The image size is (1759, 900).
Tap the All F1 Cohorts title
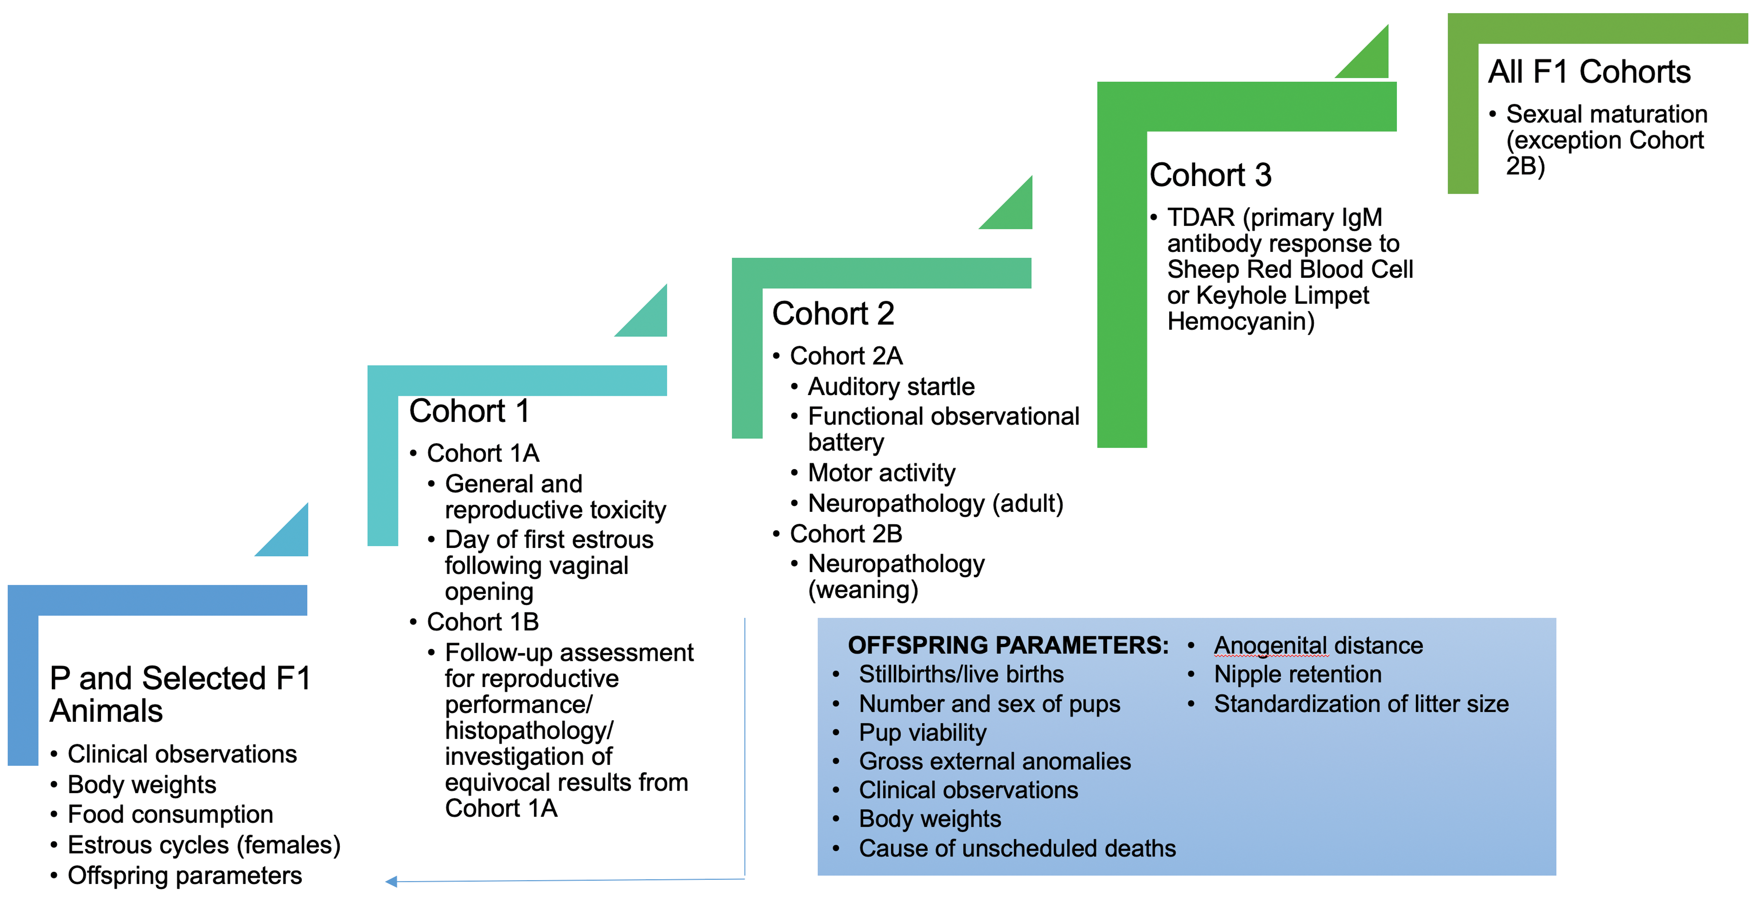tap(1589, 72)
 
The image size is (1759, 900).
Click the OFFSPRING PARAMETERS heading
tap(1008, 645)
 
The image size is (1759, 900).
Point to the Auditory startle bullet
tap(891, 387)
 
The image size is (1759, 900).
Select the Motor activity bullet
tap(882, 472)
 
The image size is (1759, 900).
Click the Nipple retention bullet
tap(1297, 675)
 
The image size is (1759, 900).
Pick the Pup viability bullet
tap(923, 733)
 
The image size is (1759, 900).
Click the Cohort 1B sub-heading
tap(483, 622)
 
